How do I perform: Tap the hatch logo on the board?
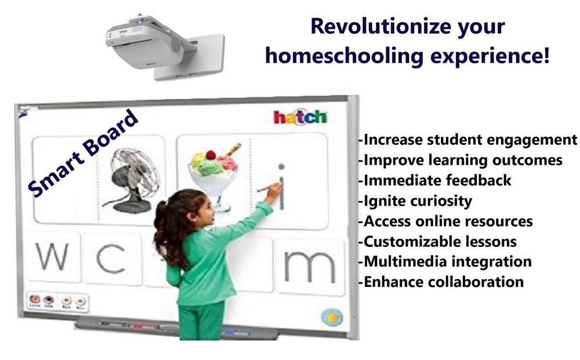tap(300, 117)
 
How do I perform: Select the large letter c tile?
tap(110, 259)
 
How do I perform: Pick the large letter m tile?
tap(309, 264)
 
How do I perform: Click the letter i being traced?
tap(281, 186)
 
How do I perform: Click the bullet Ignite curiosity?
tap(415, 201)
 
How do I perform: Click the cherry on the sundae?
tap(211, 155)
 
